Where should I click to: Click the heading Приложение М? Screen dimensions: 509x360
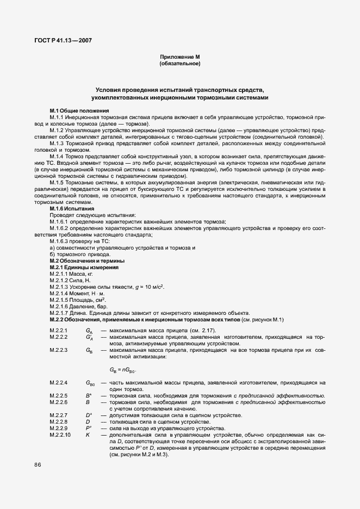(x=179, y=57)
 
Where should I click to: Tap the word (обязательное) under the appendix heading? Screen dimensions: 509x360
(x=179, y=64)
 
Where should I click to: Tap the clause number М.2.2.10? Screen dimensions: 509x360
(x=60, y=435)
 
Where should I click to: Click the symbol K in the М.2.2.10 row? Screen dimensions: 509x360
(x=88, y=435)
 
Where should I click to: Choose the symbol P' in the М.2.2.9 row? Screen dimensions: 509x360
(x=88, y=429)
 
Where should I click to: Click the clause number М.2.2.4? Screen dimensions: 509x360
(x=59, y=383)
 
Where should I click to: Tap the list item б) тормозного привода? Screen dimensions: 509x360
(x=80, y=255)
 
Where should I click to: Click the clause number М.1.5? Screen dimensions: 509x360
(x=57, y=183)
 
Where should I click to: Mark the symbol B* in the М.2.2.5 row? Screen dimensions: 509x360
(x=88, y=396)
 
